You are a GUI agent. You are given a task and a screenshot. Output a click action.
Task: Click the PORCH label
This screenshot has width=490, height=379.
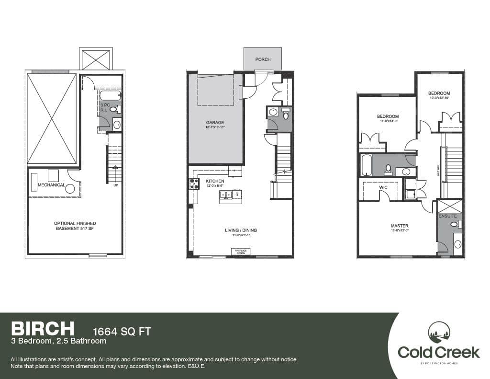click(263, 59)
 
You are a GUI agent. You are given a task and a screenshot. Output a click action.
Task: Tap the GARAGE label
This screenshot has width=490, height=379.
click(215, 123)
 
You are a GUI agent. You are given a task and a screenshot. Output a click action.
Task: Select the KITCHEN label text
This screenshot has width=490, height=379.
click(215, 181)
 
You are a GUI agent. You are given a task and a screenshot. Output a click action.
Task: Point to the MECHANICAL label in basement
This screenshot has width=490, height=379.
click(51, 185)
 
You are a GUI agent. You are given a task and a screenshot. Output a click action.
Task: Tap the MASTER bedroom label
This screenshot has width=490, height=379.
click(399, 226)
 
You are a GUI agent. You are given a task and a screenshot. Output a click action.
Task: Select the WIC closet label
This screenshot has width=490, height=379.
click(383, 187)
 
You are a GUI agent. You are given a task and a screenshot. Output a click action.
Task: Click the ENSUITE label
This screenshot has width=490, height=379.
click(450, 216)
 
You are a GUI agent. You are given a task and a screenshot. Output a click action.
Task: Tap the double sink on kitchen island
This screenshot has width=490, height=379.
click(226, 194)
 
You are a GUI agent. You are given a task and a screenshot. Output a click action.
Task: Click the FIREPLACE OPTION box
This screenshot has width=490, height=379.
click(239, 251)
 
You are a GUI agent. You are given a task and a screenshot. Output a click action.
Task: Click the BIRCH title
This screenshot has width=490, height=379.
click(43, 328)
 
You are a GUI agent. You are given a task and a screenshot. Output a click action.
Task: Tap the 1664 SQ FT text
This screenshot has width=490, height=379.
click(121, 331)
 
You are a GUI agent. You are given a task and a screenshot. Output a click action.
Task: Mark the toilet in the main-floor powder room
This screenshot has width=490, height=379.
click(286, 114)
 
